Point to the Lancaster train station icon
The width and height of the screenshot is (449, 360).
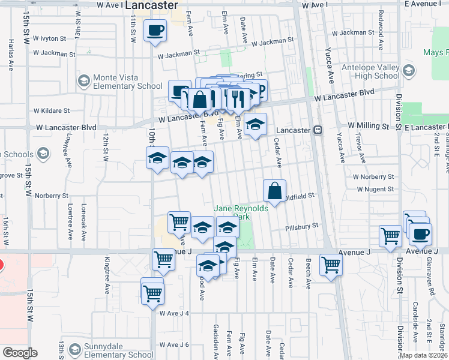coord(318,130)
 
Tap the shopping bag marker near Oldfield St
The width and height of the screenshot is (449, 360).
coord(274,191)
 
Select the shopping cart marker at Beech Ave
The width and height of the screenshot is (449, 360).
coord(331,265)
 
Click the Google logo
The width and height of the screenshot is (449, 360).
coord(20,353)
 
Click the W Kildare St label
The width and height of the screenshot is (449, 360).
coord(52,111)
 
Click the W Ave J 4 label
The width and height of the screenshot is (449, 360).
coord(174,313)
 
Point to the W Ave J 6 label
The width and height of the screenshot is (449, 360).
coord(174,344)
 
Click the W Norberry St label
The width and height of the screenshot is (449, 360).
coord(373,177)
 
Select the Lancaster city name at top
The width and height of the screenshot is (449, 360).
coord(152,5)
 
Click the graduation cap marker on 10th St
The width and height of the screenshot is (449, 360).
coord(157,158)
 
